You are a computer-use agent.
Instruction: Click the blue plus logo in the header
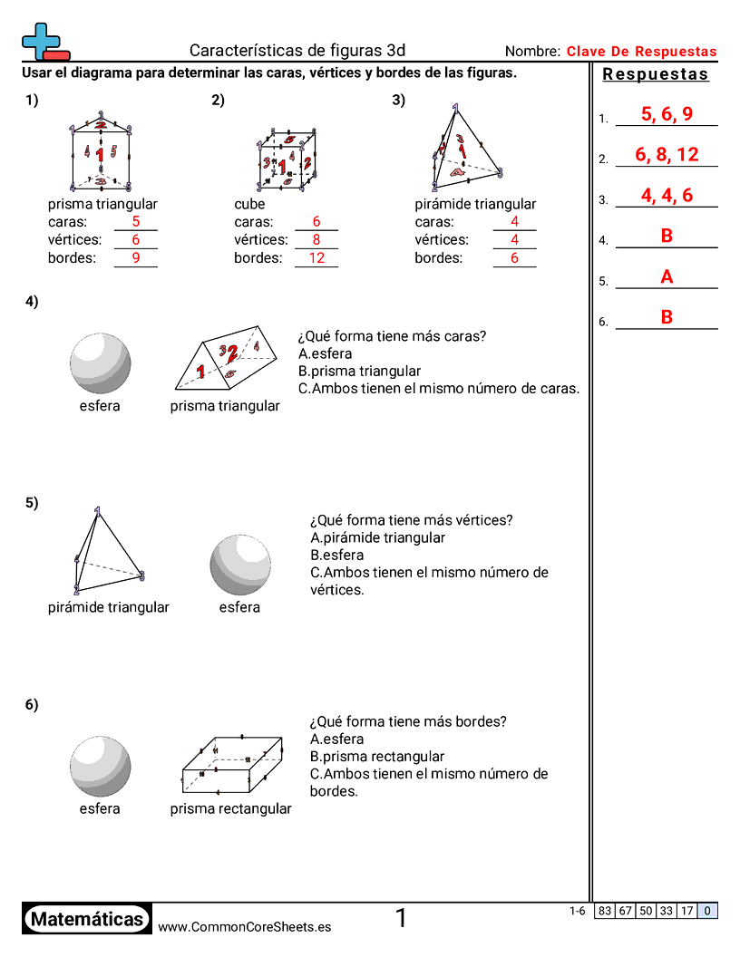tap(40, 41)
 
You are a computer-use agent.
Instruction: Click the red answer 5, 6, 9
tap(667, 114)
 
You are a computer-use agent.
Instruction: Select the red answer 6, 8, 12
tap(667, 155)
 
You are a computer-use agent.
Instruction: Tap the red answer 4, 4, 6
tap(667, 196)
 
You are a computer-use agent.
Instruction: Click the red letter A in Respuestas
tap(667, 277)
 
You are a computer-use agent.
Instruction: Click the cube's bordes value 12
tap(316, 258)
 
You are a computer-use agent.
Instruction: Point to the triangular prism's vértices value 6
tap(136, 240)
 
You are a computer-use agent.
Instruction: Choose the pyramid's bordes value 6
tap(514, 258)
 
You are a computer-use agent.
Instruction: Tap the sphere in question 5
tap(240, 565)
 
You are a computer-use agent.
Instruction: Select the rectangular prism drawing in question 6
tap(233, 767)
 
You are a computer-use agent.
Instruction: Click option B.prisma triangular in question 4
tap(359, 372)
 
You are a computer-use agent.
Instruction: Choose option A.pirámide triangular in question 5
tap(377, 538)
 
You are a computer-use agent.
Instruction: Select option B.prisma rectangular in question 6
tap(376, 757)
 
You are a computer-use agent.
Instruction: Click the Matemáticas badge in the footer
tap(86, 920)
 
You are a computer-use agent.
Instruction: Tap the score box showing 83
tap(605, 912)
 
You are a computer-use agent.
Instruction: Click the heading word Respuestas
tap(656, 75)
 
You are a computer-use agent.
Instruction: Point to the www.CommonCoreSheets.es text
tap(244, 927)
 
